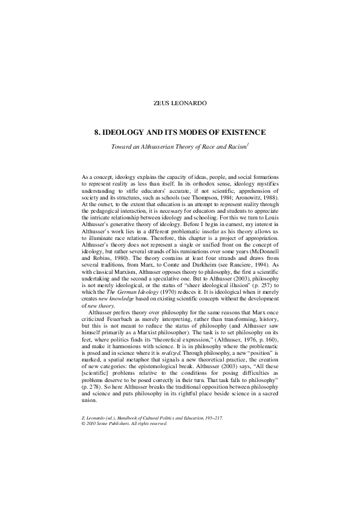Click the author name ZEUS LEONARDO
click(180, 103)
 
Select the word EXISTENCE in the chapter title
click(241, 132)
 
